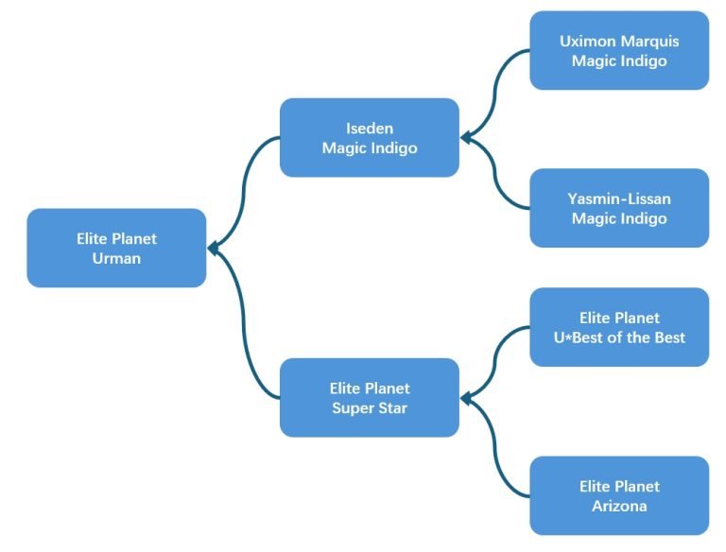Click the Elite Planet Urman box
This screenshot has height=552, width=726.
(116, 248)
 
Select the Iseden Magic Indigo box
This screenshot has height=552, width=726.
(369, 138)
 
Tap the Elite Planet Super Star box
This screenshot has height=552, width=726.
(369, 398)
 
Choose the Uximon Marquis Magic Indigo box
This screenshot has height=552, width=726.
(619, 51)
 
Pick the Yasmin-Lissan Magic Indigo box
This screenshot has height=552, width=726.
(619, 208)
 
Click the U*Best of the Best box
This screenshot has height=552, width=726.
(619, 327)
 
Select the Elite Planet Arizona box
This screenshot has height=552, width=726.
(619, 495)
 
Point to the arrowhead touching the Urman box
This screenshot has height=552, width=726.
(213, 248)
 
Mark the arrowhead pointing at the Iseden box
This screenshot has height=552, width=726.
(466, 138)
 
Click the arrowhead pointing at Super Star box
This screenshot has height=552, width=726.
(466, 398)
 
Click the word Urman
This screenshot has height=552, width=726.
(116, 258)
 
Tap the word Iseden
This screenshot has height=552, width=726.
(369, 129)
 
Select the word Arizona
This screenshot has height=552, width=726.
(619, 506)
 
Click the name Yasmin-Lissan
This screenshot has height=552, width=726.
(619, 198)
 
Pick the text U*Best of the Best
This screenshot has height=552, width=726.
(619, 337)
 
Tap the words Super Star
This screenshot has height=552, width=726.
(369, 408)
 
